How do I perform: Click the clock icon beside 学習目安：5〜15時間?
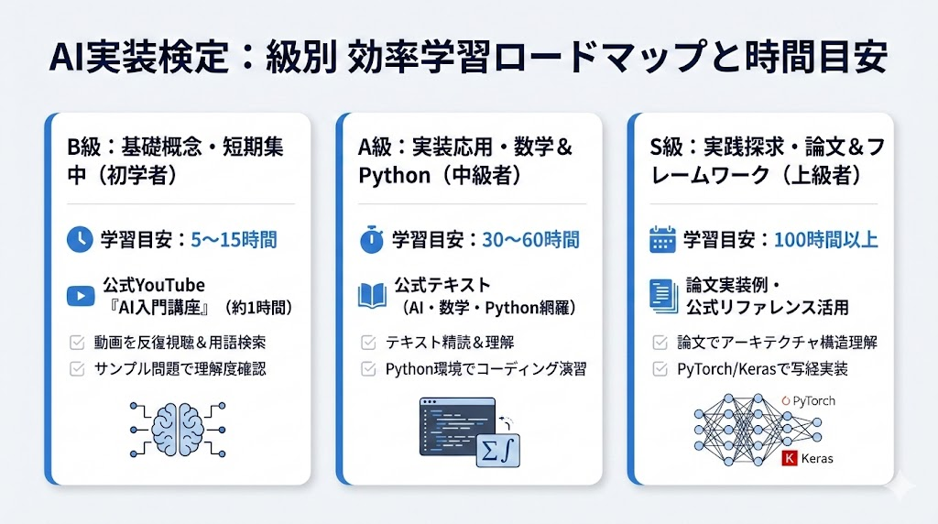[80, 240]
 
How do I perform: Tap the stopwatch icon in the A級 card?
[370, 240]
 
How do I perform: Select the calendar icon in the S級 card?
[661, 240]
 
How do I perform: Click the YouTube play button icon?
[80, 295]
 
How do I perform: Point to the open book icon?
[370, 295]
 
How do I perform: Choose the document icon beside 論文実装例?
[661, 295]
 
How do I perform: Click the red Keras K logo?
[790, 458]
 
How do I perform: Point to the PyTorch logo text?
[811, 400]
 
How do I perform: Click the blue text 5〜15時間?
[234, 240]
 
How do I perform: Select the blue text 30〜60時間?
[530, 240]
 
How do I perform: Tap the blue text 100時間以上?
[826, 240]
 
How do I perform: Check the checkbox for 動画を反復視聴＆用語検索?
[78, 343]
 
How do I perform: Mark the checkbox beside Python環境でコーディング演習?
[368, 369]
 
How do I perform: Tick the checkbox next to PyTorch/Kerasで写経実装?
[660, 369]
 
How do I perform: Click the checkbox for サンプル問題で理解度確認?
[78, 369]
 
